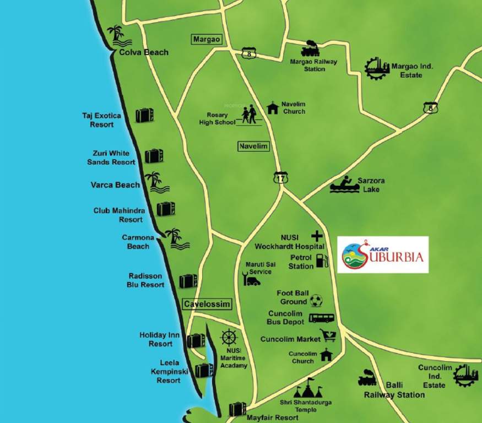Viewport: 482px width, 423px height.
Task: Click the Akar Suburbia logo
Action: coord(382,254)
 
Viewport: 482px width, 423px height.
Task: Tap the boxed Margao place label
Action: coord(206,39)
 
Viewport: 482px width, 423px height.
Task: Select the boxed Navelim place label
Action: coord(253,147)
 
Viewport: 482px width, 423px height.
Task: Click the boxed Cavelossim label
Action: coord(207,304)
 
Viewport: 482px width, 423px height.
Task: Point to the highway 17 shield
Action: coord(280,177)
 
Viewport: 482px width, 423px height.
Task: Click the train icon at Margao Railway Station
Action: coord(311,48)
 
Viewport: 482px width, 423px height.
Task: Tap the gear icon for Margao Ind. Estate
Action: coord(377,68)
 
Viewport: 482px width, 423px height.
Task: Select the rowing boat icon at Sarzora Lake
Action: coord(345,185)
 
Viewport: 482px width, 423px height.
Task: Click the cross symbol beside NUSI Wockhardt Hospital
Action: coord(317,235)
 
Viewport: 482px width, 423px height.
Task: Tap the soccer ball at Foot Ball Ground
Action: coord(316,300)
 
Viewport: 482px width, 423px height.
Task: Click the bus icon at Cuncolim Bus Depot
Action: coord(321,318)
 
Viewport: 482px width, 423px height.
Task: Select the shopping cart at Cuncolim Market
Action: coord(328,335)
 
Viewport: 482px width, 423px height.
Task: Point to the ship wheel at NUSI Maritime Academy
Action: coord(229,338)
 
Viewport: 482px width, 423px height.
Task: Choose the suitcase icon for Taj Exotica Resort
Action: coord(144,115)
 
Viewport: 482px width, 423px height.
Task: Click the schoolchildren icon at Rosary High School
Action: coord(248,115)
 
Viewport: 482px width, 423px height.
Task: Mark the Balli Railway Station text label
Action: coord(394,389)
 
